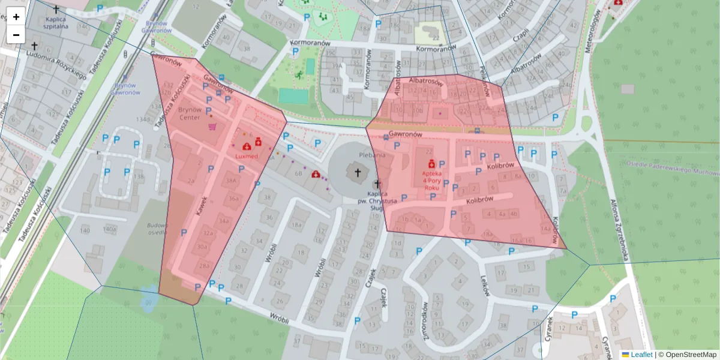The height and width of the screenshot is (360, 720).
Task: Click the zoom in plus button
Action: pyautogui.click(x=16, y=16)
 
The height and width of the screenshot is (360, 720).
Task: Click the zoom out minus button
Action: pyautogui.click(x=16, y=34)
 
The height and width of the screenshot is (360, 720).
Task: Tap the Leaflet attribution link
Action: pyautogui.click(x=641, y=355)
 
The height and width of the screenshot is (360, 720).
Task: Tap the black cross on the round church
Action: pyautogui.click(x=358, y=173)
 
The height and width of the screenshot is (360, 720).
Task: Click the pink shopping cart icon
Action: pyautogui.click(x=212, y=127)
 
